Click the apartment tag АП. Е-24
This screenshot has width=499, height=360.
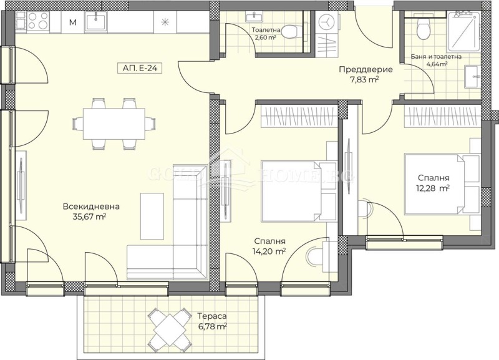[x=139, y=69]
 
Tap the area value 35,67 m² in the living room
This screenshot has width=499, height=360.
[x=89, y=217]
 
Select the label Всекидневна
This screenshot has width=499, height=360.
[x=90, y=207]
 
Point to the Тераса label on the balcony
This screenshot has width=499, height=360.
[x=209, y=316]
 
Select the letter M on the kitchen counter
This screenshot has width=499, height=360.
[x=73, y=23]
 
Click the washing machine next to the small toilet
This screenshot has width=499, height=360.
[x=326, y=22]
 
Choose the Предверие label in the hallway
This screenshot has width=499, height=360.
[x=359, y=69]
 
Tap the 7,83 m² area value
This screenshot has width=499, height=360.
[x=363, y=79]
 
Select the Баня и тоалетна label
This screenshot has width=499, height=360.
[x=436, y=57]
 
